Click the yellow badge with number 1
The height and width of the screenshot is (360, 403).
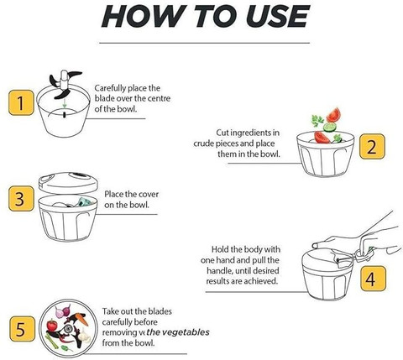tap(21, 102)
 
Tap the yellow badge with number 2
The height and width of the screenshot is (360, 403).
tap(372, 146)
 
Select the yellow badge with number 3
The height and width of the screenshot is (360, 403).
tap(21, 199)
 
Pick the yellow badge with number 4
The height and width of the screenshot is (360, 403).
tap(373, 279)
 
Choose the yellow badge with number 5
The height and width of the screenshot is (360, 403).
tap(22, 329)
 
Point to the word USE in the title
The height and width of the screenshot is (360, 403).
tap(278, 16)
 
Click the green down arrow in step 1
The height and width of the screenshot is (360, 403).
tap(65, 103)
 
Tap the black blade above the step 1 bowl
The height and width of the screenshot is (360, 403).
tap(65, 84)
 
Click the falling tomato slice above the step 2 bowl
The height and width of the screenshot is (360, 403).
tap(333, 115)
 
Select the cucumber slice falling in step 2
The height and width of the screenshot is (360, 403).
tap(330, 128)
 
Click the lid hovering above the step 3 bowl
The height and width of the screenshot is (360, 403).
tap(68, 183)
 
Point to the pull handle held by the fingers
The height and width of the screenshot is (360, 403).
tap(364, 254)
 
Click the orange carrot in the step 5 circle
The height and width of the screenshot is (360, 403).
tap(81, 319)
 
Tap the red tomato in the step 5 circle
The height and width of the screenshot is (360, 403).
tap(52, 325)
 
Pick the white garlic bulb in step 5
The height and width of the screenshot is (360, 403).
tap(84, 336)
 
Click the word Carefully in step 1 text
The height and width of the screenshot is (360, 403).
tap(110, 88)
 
